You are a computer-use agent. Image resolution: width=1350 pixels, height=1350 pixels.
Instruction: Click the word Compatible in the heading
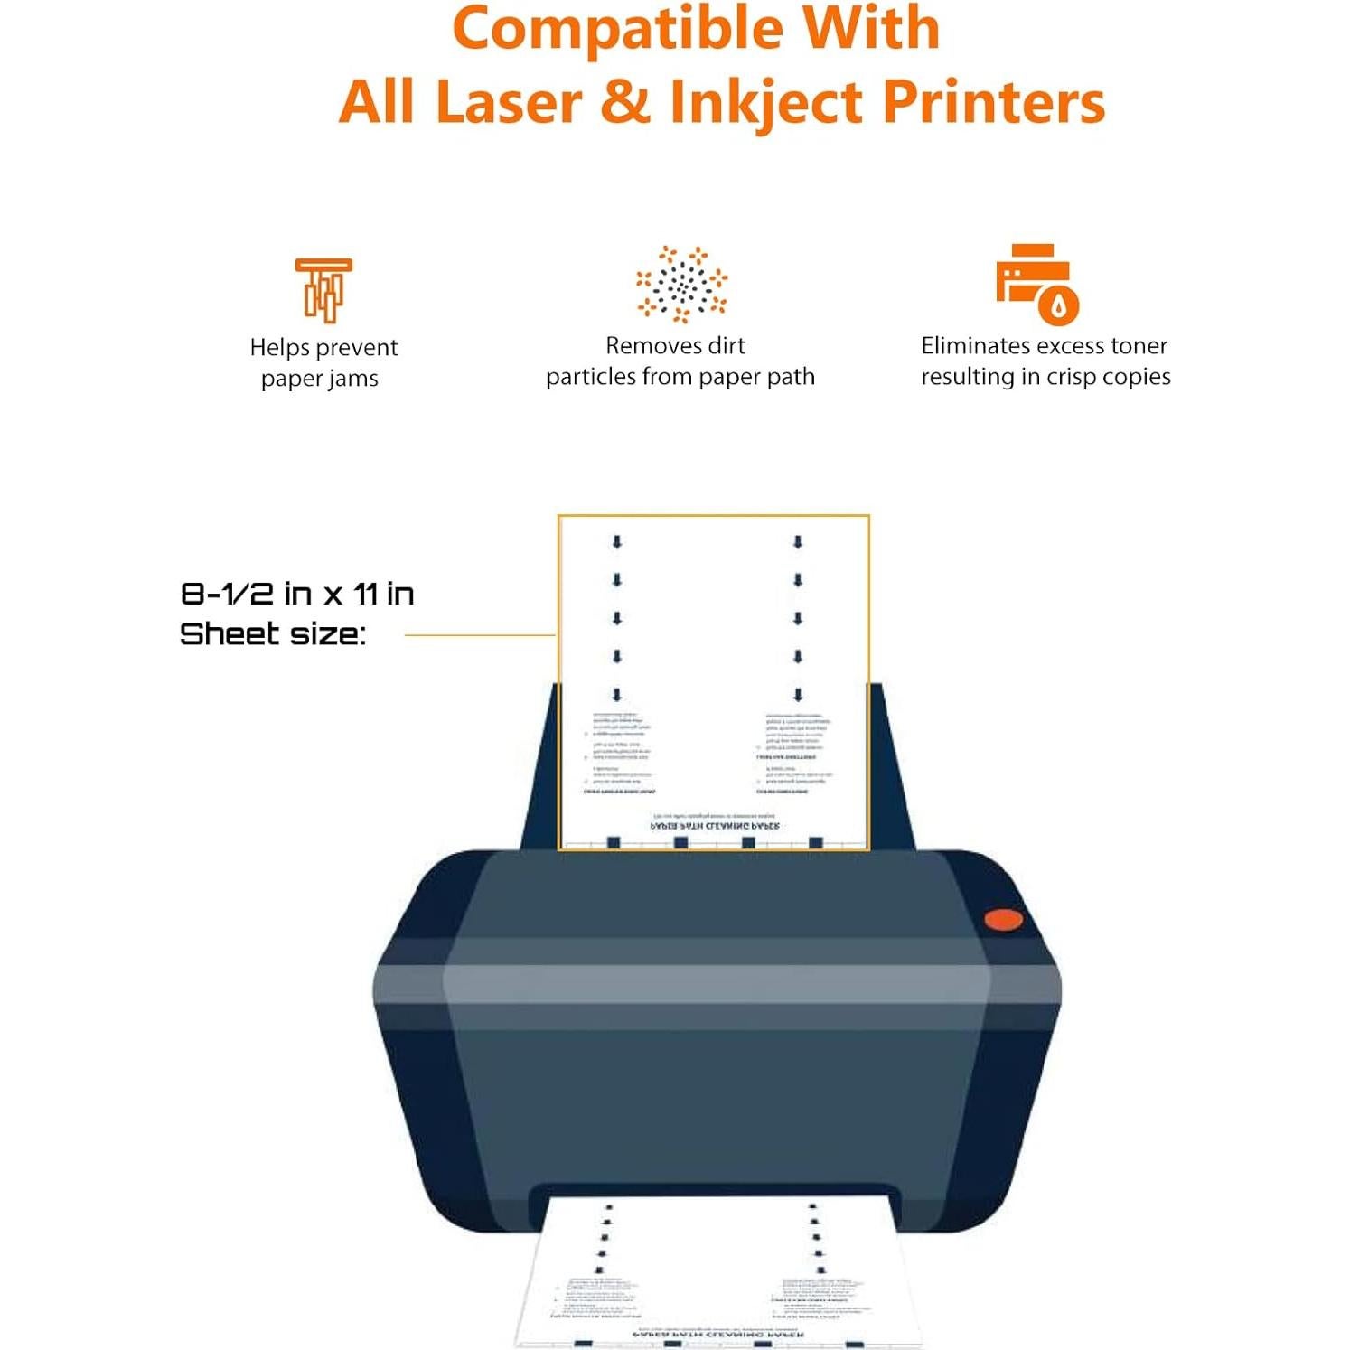[x=617, y=29]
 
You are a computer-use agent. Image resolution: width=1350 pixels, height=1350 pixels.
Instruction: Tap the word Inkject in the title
[x=765, y=102]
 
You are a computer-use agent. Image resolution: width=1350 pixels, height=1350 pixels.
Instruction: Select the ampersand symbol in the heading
[x=624, y=101]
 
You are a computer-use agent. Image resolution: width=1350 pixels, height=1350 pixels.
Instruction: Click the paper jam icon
[x=323, y=290]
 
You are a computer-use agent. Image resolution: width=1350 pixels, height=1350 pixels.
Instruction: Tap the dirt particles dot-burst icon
[x=681, y=284]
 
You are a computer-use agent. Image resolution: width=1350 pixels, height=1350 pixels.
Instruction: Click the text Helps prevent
[x=323, y=348]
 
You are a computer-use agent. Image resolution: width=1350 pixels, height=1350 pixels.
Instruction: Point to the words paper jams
[x=319, y=379]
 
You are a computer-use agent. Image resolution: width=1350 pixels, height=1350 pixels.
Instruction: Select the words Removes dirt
[x=675, y=346]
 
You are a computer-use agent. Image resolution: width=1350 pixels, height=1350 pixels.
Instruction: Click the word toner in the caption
[x=1139, y=346]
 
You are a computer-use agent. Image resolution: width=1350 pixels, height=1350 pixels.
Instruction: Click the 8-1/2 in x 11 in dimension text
[x=297, y=594]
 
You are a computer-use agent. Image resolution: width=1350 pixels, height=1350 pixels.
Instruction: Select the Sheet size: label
[x=273, y=634]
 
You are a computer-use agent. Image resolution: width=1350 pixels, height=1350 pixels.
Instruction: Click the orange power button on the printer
[x=1003, y=920]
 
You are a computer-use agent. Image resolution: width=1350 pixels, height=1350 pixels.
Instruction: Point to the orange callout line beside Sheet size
[x=479, y=635]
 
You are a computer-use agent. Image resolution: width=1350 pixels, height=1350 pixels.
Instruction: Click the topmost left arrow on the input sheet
[x=617, y=542]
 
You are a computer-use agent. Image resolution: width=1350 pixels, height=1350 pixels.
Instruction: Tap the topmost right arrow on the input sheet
[x=798, y=542]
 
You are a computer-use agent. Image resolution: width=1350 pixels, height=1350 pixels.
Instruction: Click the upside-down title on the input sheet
[x=715, y=826]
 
